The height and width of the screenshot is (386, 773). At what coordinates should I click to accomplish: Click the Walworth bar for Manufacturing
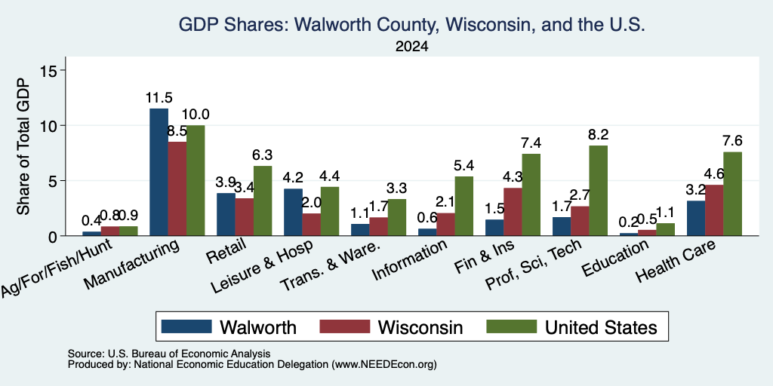(159, 172)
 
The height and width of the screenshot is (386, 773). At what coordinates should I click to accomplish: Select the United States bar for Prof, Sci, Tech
(599, 191)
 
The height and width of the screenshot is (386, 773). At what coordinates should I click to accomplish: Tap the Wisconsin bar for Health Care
(714, 210)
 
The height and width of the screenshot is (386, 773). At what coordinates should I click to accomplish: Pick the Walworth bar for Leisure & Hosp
(293, 212)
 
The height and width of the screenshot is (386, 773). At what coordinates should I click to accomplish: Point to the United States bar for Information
(464, 206)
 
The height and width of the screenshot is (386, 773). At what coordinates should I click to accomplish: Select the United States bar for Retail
(263, 201)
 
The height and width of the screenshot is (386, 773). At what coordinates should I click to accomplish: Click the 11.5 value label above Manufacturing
(159, 97)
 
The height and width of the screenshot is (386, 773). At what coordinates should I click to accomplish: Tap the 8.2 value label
(599, 134)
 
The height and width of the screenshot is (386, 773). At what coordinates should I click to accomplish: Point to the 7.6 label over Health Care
(732, 141)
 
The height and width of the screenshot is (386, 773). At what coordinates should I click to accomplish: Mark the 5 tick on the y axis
(54, 181)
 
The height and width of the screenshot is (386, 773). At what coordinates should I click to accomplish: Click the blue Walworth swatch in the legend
(186, 326)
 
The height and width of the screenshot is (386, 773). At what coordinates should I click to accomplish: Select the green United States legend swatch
(512, 326)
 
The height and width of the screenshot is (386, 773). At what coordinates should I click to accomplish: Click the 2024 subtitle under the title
(411, 47)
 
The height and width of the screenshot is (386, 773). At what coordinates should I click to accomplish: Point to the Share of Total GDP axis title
(23, 146)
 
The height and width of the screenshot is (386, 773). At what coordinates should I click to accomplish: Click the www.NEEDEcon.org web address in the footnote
(384, 365)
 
